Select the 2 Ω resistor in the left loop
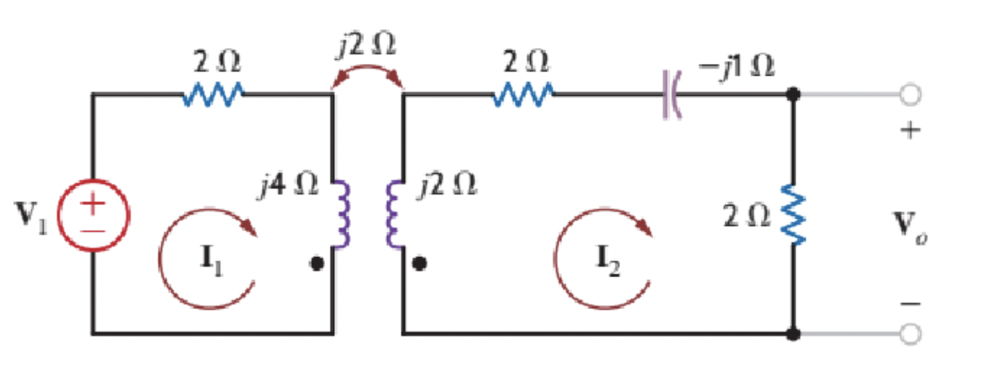213,94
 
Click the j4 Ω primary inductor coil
340,215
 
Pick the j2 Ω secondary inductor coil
394,215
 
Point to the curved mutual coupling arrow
368,72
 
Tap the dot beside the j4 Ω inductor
317,265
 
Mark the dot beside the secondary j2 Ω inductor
419,265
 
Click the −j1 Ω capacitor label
737,67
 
